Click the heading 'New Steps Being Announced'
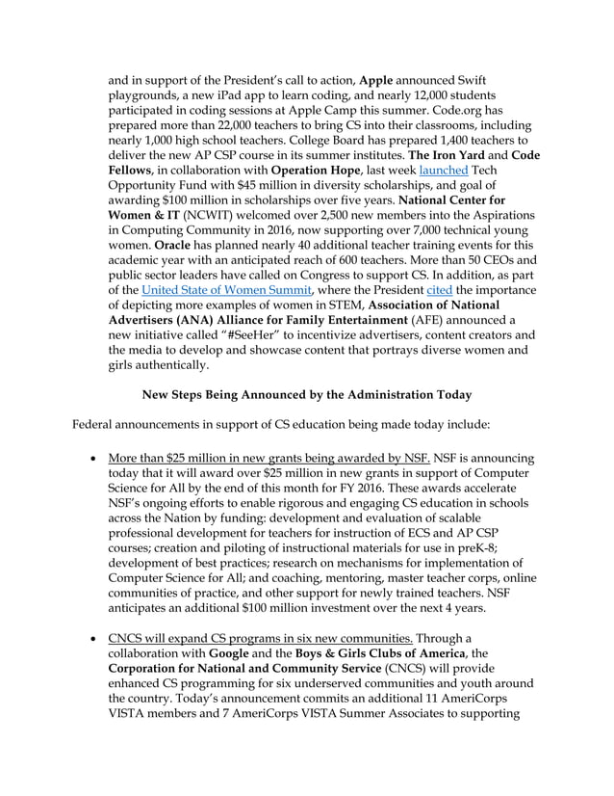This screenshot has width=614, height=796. click(306, 393)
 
